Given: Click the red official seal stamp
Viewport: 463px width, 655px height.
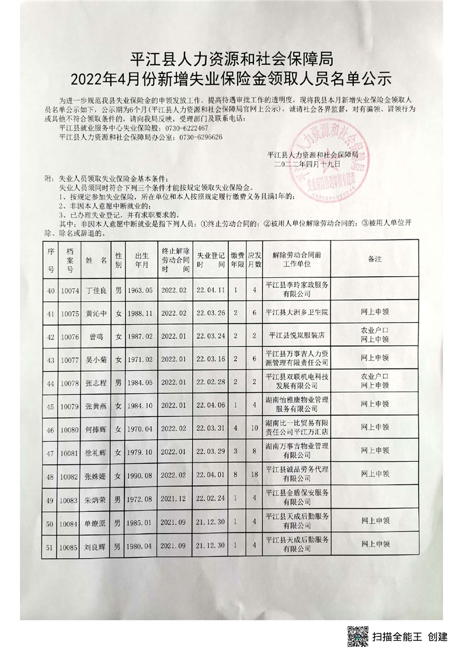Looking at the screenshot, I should coord(327,164).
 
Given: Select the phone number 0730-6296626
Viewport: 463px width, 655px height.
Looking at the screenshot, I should coord(200,137).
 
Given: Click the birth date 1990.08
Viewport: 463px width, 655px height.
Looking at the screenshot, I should coord(140,476).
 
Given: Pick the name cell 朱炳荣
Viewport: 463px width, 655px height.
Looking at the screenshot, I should coord(96,499).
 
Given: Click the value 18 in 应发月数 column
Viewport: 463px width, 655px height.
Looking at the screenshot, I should coord(253,476).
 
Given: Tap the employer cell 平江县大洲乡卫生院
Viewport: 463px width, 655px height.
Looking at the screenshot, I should coord(297,313).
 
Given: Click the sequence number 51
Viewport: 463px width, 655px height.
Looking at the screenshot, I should coord(51,547).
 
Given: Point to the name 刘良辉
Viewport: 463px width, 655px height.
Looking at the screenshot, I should coord(96,547).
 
